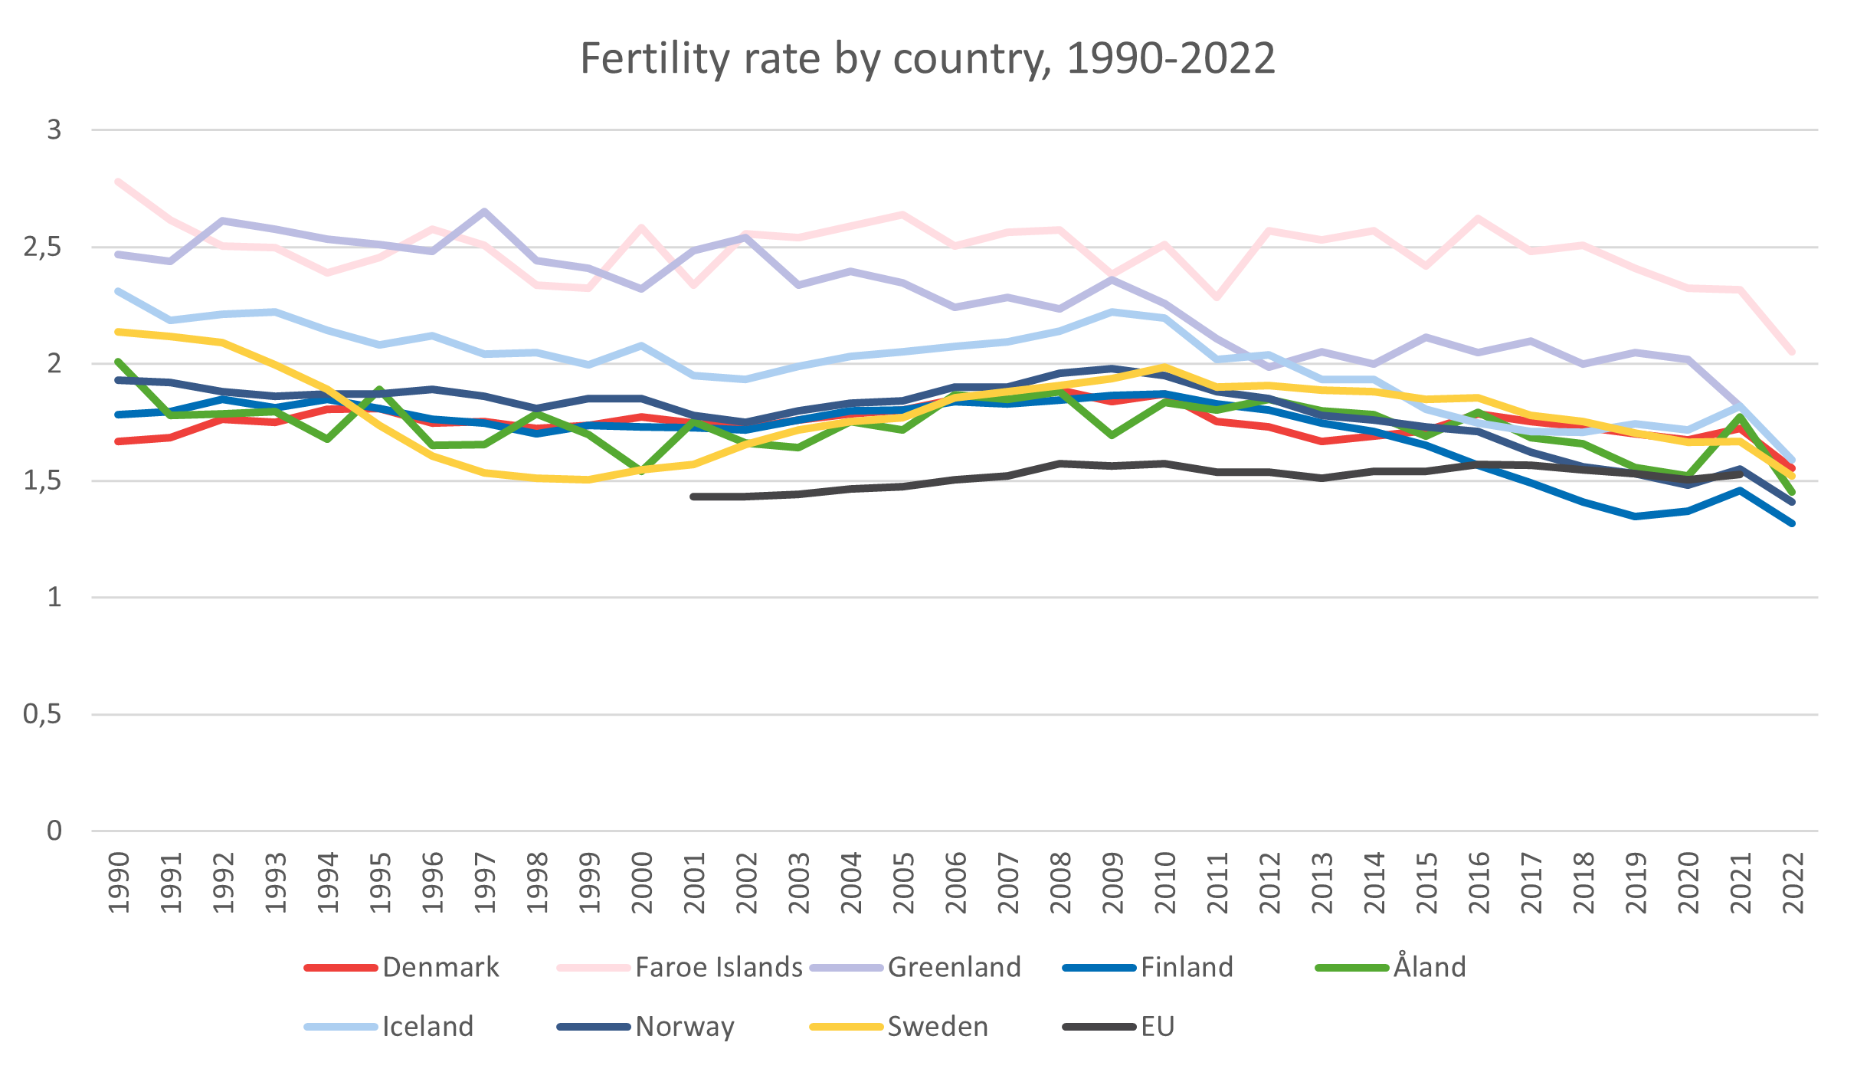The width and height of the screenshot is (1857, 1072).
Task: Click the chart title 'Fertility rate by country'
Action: point(927,58)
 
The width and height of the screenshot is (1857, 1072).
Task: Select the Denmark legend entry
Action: point(441,967)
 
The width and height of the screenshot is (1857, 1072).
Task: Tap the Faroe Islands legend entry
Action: point(719,967)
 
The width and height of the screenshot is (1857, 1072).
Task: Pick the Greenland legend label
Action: point(954,967)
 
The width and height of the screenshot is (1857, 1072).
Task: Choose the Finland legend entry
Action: point(1187,967)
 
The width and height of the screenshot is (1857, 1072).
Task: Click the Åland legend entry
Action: point(1429,967)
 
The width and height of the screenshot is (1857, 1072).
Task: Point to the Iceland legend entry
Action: point(427,1026)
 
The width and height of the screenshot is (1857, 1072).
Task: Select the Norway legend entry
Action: point(684,1026)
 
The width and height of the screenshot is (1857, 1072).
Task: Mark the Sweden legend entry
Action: point(937,1026)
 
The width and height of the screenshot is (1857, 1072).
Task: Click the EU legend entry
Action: point(1157,1026)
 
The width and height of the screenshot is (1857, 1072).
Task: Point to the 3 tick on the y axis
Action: point(54,130)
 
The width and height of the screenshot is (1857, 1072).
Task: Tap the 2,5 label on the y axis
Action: point(43,248)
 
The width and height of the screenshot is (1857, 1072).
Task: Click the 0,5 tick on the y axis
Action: point(43,715)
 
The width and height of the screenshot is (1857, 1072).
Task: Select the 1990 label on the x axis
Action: point(119,883)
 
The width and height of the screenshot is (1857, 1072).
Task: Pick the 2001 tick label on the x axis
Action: point(694,883)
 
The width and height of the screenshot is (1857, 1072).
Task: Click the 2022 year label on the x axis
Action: point(1793,883)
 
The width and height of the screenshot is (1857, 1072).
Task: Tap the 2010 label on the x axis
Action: point(1165,883)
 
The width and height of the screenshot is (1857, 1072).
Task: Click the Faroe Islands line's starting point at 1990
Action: point(118,182)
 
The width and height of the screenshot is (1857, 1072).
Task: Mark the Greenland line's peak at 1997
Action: point(485,211)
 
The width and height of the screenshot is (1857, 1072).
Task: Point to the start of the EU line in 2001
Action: point(693,497)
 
